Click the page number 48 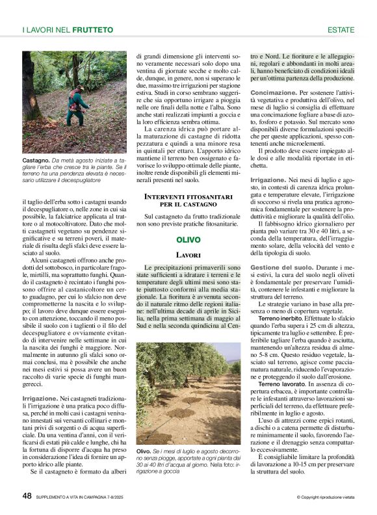click(27, 495)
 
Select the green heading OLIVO click(188, 240)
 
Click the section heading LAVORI click(188, 256)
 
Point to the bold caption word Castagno click(35, 159)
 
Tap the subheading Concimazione click(274, 93)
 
